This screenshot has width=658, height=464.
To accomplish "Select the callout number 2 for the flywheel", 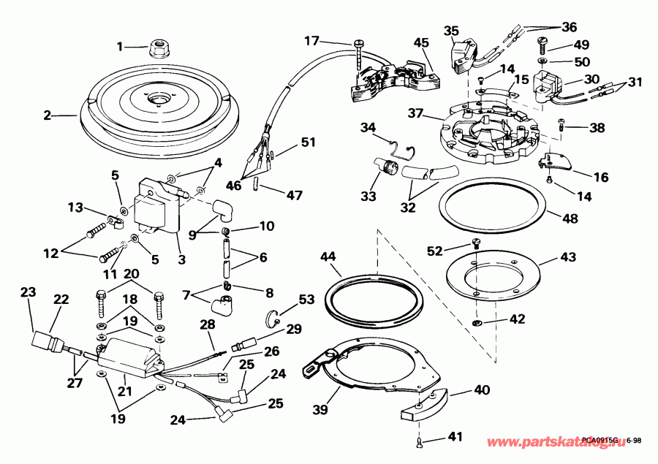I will click(x=47, y=115).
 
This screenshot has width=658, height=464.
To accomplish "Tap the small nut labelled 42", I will click(x=476, y=322).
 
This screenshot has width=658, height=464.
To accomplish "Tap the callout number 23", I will click(x=28, y=292).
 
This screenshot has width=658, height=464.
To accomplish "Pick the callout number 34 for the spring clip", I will click(x=367, y=129).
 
